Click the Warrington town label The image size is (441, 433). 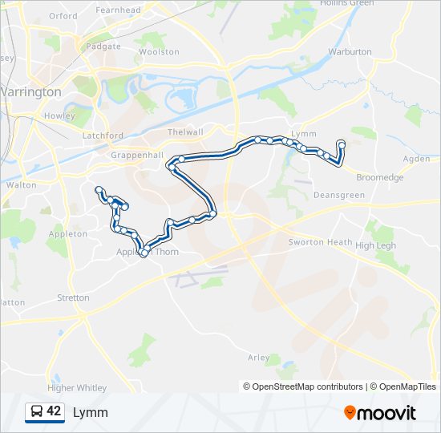click(30, 92)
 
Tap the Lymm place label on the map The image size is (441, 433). click(305, 134)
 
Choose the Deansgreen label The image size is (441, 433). click(339, 195)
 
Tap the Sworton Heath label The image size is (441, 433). click(320, 242)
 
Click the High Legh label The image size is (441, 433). click(376, 245)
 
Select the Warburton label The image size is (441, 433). click(350, 51)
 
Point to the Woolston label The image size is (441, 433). click(159, 51)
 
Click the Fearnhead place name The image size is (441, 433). click(119, 10)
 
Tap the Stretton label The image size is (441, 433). click(74, 297)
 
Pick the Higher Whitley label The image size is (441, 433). click(77, 388)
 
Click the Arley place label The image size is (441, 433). click(259, 358)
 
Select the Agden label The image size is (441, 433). click(416, 159)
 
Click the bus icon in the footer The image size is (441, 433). click(36, 412)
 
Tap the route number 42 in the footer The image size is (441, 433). click(54, 412)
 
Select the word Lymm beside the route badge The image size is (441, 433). click(91, 413)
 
